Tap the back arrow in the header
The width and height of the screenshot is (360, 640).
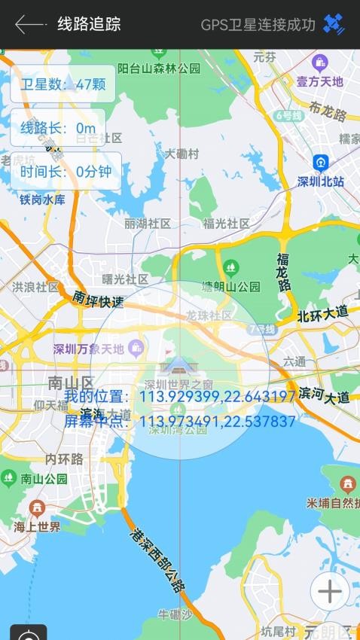[x=29, y=24]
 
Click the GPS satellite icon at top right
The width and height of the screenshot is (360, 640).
[x=334, y=24]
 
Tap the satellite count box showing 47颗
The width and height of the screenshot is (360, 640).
[x=63, y=84]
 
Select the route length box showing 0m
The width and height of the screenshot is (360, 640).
[x=58, y=128]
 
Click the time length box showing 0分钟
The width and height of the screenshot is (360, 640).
[x=66, y=172]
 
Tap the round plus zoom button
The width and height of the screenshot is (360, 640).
[x=329, y=592]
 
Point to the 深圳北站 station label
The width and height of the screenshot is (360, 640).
[x=321, y=181]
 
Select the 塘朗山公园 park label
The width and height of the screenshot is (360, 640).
[x=230, y=286]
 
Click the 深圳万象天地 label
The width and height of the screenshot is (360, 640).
[x=89, y=349]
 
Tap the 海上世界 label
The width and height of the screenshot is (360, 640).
[x=36, y=526]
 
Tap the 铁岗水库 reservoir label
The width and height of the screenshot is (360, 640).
[x=42, y=200]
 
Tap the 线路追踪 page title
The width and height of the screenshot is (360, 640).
[x=89, y=24]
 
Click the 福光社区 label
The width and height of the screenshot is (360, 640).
[x=227, y=224]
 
